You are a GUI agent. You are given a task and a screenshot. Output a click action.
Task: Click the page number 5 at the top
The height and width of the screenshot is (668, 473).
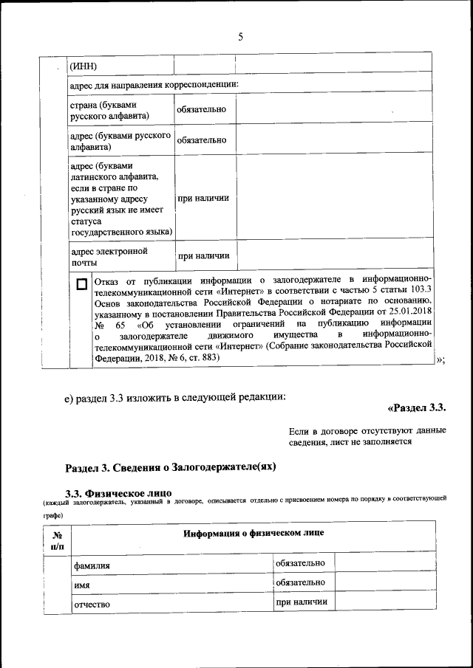pos(240,38)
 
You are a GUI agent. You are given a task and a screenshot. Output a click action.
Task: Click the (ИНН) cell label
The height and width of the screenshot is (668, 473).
pos(84,67)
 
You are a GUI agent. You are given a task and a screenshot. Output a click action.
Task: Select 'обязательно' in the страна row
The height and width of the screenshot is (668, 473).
pos(201,110)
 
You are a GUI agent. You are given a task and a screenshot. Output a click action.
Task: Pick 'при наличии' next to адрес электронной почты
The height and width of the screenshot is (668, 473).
pos(202,256)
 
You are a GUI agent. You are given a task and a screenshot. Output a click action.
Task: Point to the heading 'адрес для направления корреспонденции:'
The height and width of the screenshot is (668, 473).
pos(153,85)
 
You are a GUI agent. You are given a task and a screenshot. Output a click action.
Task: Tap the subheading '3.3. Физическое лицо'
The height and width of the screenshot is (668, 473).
pos(118,492)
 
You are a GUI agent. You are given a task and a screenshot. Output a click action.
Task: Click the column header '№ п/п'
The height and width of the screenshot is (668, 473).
pos(57,540)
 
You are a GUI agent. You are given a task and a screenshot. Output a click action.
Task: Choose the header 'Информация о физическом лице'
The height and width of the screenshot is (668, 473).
pos(253,532)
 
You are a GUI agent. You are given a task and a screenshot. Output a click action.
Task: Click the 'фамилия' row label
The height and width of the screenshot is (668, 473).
pos(92,565)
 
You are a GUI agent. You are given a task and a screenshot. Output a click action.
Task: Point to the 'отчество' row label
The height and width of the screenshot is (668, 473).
pos(92,605)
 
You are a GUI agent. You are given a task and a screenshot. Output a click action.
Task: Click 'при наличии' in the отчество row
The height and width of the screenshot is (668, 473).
pos(301,602)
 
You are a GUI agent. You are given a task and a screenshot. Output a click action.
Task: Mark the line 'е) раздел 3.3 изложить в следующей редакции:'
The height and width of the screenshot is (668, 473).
pos(174,399)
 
